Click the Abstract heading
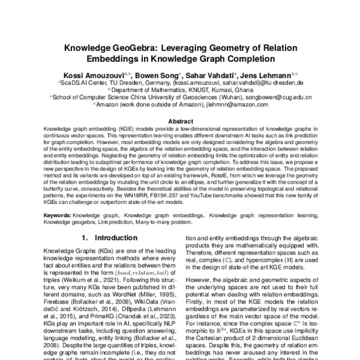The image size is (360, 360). point(180,121)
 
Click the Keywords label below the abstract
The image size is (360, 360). point(59,214)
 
